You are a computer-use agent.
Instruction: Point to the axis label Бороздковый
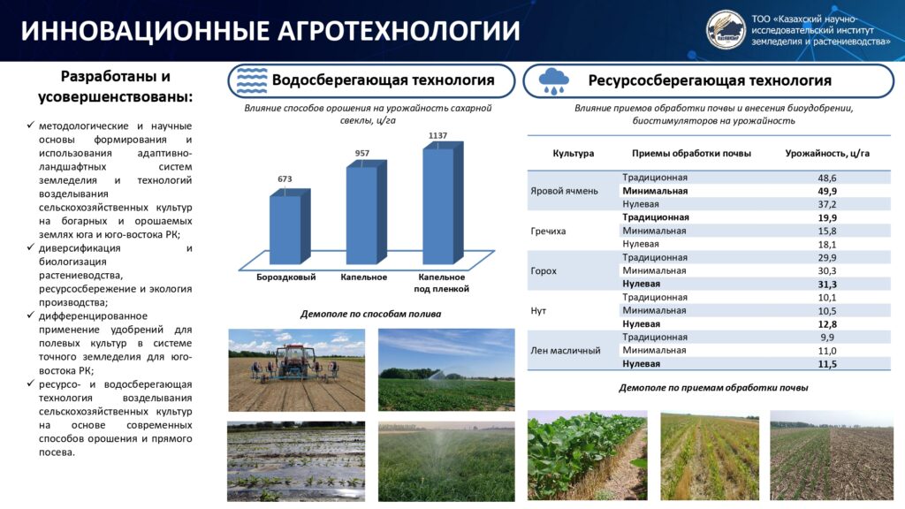pos(286,277)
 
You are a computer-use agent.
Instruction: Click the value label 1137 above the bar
pos(437,135)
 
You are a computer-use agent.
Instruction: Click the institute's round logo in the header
pos(726,30)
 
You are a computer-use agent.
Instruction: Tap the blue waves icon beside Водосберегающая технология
pos(252,80)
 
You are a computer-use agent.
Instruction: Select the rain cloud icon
pos(553,80)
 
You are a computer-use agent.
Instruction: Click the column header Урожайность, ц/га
pos(827,154)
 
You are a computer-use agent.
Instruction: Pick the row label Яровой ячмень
pos(564,191)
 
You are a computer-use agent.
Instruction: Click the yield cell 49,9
pos(827,191)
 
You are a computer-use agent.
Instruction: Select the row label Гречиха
pos(548,231)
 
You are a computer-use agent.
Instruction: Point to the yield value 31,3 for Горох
pos(827,285)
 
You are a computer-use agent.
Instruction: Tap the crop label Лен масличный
pos(565,350)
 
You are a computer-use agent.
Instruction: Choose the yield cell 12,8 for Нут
pos(827,324)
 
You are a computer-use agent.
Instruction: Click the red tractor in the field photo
pos(295,362)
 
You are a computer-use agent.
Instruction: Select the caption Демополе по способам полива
pos(370,314)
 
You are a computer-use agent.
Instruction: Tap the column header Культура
pos(573,154)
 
